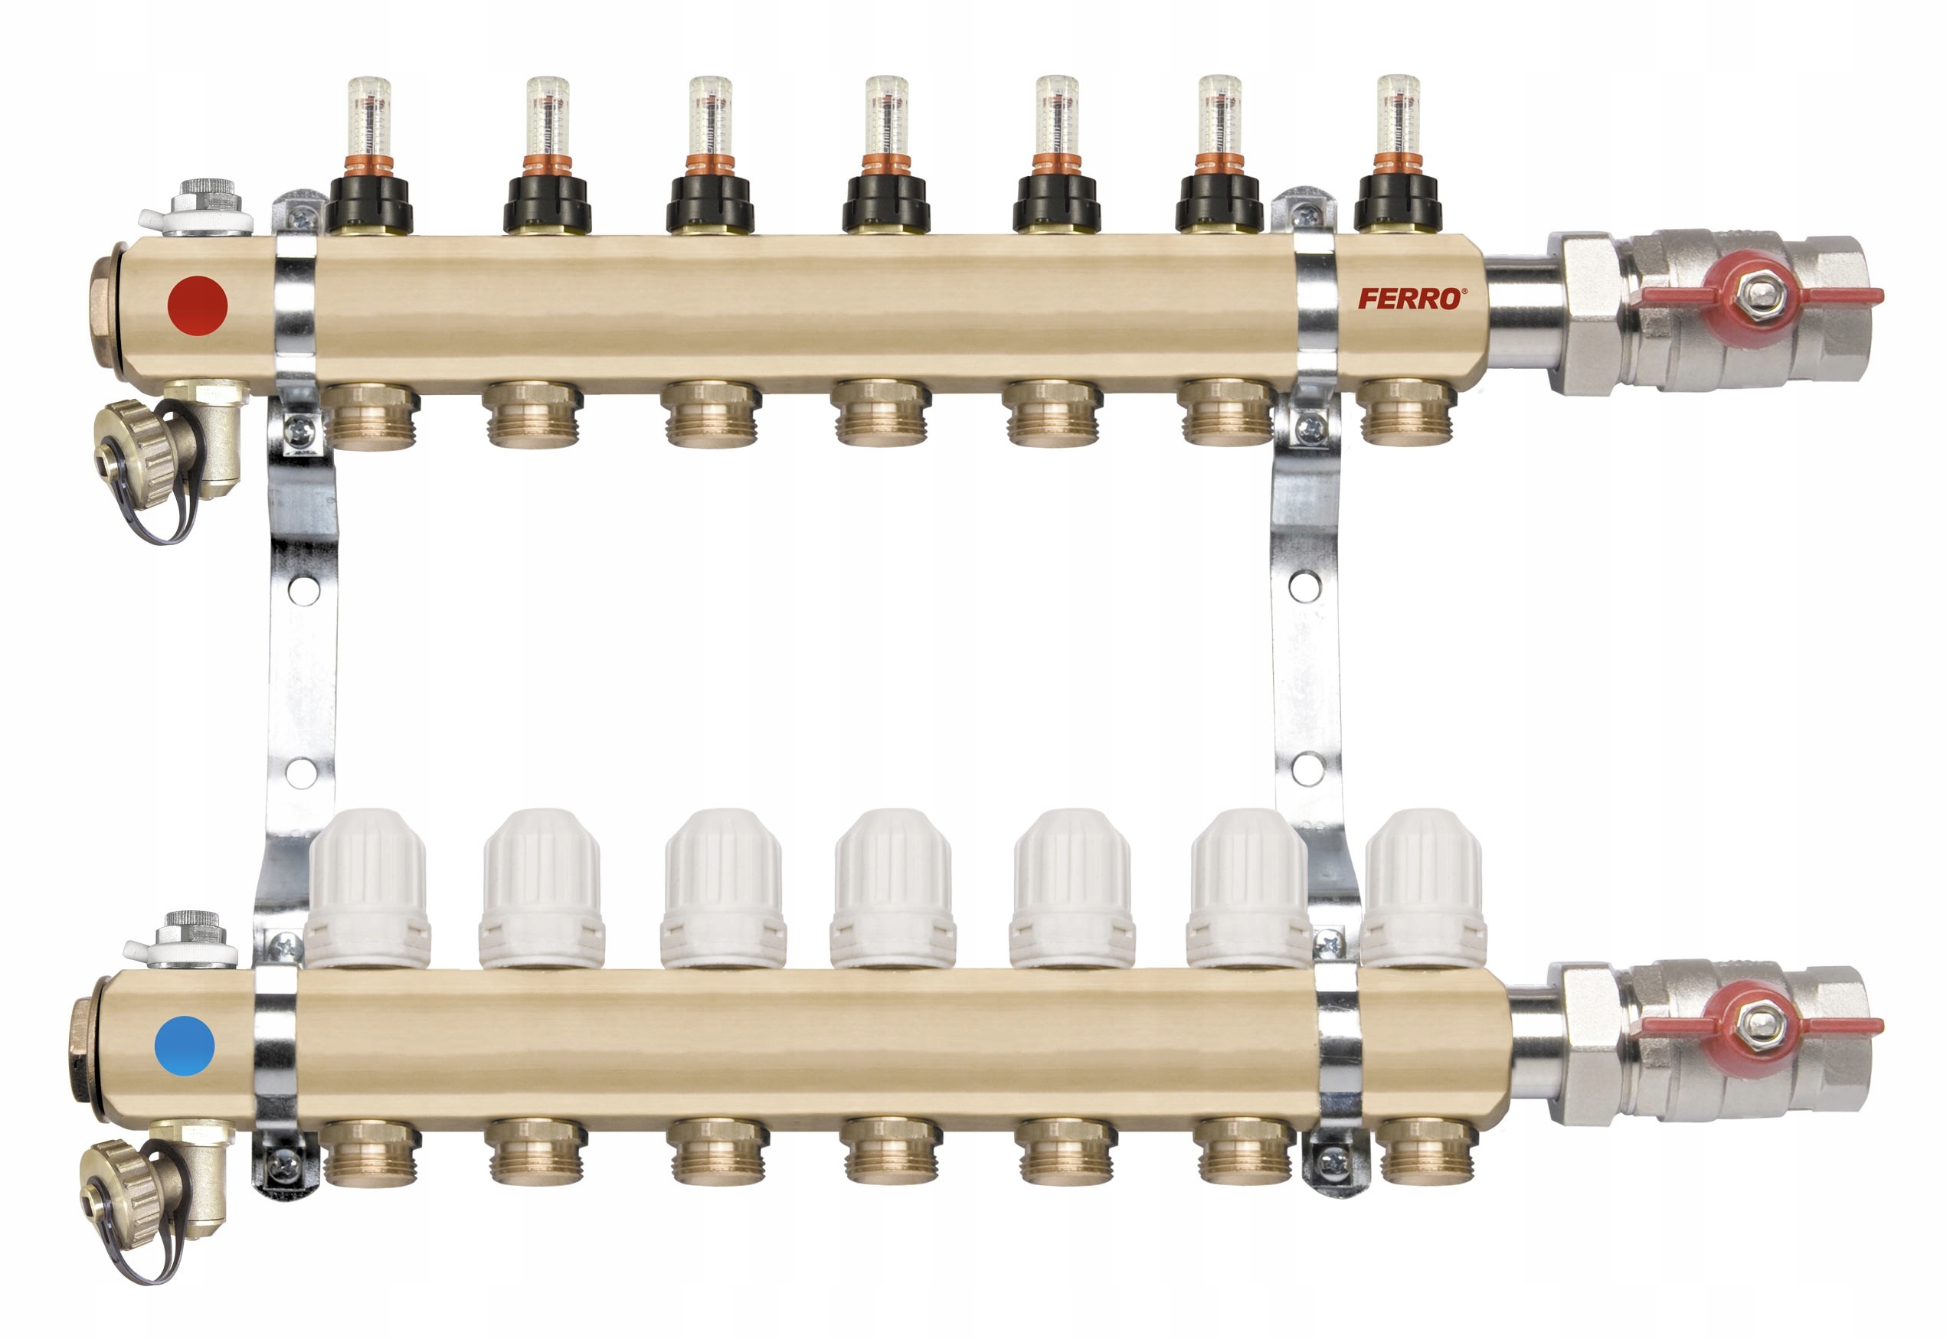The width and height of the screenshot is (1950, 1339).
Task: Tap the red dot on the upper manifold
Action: click(x=198, y=305)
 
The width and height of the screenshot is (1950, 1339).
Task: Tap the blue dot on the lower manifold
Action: click(x=185, y=1045)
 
